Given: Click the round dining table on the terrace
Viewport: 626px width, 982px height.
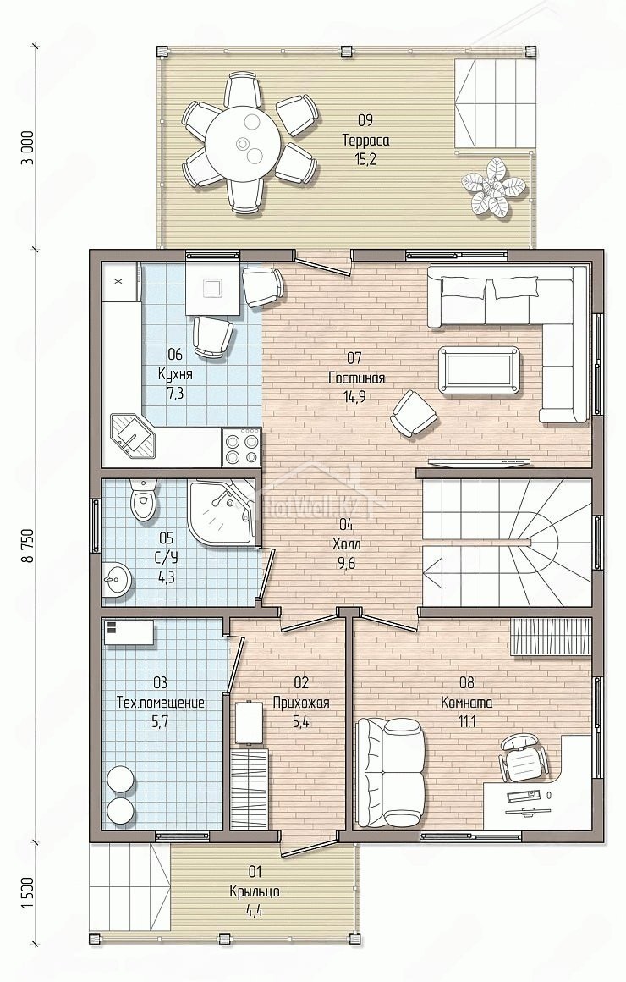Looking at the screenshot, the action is pos(242,143).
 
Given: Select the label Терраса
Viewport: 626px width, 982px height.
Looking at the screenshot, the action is pos(365,141).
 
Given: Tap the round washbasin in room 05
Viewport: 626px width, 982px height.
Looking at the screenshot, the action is pos(117,579).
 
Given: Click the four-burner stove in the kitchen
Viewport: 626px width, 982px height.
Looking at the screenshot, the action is pos(242,446).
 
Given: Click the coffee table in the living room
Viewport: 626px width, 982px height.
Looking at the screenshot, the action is pos(479,370).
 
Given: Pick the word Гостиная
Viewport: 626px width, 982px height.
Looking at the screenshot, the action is pos(356,378).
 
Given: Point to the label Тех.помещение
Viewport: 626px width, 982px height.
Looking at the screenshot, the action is pos(160,703).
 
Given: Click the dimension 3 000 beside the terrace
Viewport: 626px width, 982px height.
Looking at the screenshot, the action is pos(28,150).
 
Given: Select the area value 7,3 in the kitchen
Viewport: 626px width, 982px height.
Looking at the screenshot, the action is pos(175,394).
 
